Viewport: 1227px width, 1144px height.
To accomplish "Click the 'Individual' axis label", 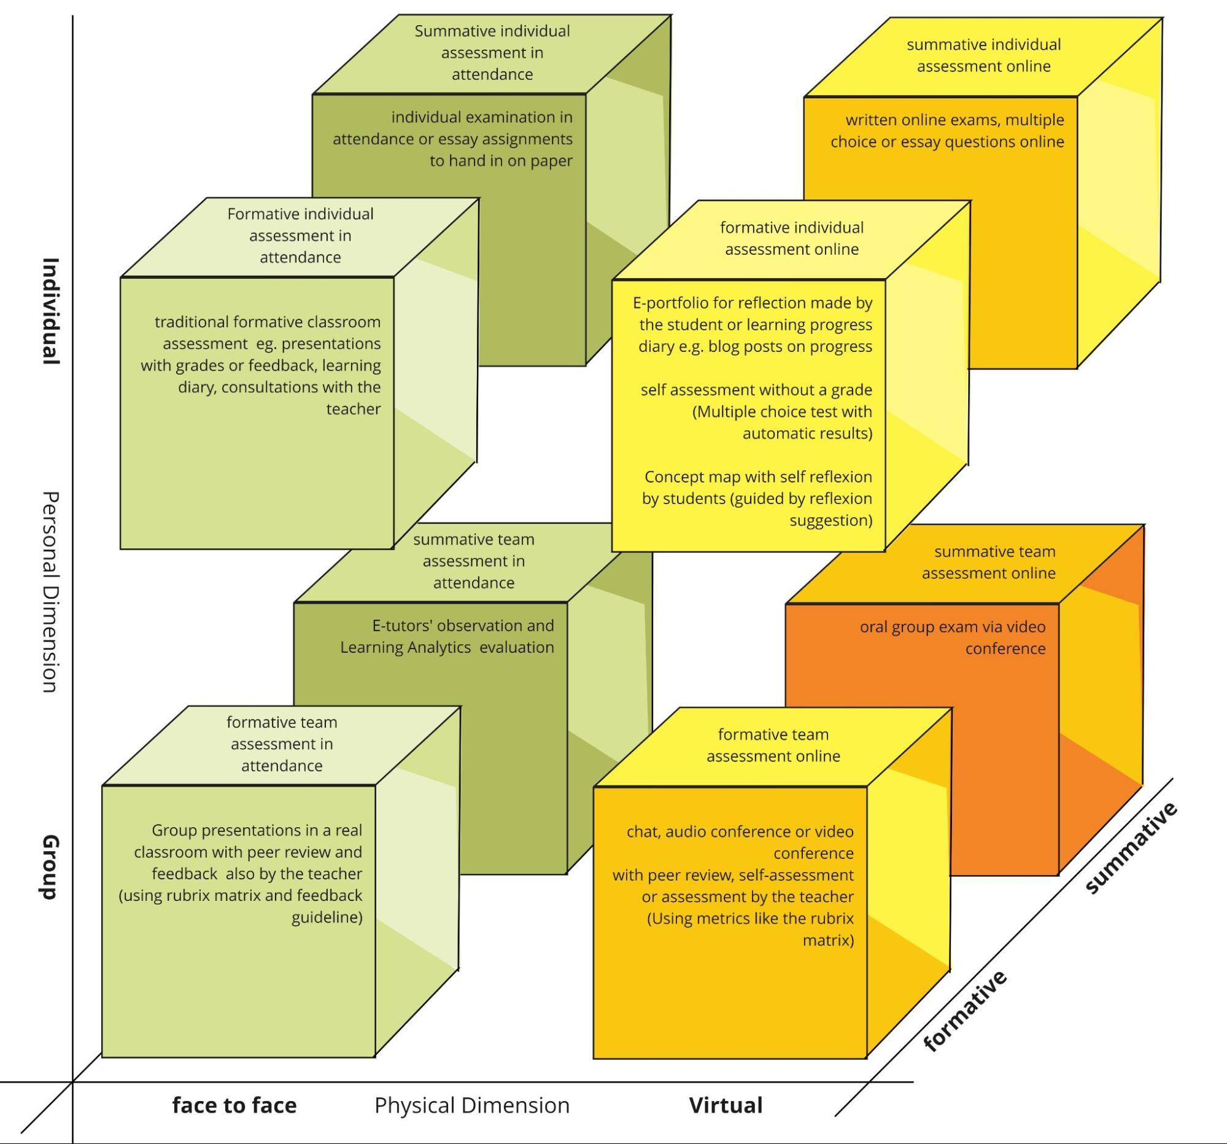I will pos(50,311).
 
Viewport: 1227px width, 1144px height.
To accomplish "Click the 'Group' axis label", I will pos(50,868).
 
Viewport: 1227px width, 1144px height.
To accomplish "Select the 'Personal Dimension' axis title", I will pos(50,592).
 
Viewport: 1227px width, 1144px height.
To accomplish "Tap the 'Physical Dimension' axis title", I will pos(471,1105).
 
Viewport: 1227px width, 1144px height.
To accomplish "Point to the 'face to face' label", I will pos(234,1105).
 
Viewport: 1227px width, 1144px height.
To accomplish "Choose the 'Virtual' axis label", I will pos(726,1105).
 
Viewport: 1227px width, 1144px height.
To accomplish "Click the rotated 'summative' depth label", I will pos(1131,848).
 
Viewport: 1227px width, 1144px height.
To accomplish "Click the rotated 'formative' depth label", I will pos(966,1011).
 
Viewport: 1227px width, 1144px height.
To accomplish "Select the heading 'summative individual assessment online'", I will pos(983,55).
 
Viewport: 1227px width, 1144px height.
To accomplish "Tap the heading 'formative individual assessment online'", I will pos(791,238).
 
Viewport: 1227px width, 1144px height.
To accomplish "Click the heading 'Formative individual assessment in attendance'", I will pos(300,235).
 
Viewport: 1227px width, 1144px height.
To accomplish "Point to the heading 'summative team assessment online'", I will pos(989,562).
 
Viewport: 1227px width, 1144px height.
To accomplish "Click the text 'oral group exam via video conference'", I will pos(953,637).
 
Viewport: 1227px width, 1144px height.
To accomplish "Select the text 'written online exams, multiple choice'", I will pos(947,130).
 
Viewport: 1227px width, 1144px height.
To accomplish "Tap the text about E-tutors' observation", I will pos(447,636).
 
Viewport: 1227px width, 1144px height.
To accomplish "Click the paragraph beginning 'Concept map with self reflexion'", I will pos(757,498).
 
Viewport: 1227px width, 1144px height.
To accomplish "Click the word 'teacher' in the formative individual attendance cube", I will pos(353,409).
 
